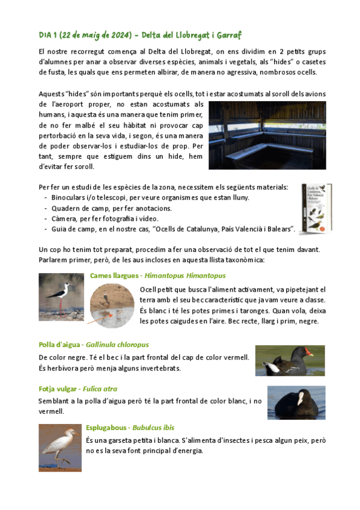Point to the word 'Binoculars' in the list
click(x=69, y=197)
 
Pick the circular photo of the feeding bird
click(x=112, y=306)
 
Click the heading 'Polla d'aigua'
click(x=59, y=345)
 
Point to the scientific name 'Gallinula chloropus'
click(x=117, y=345)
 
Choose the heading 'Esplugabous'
click(x=106, y=428)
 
